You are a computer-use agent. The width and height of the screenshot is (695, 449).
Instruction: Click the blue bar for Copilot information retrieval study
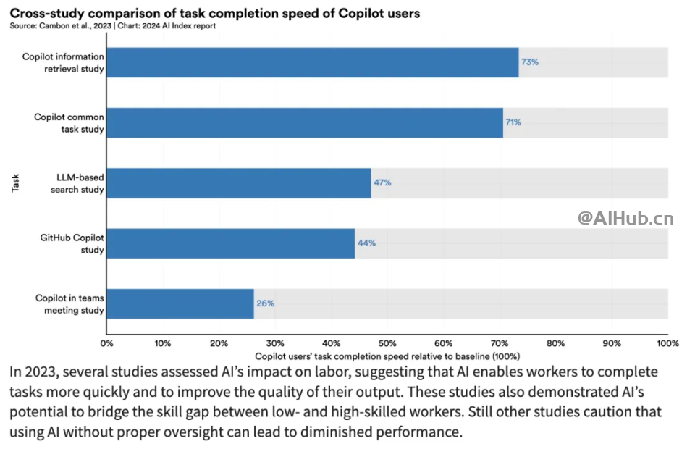coord(313,62)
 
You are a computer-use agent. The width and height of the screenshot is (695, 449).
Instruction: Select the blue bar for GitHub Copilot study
coord(231,243)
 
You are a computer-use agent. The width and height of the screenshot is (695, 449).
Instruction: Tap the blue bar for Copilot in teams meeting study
coord(180,303)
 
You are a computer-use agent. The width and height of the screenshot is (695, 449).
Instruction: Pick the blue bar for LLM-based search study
coord(239,182)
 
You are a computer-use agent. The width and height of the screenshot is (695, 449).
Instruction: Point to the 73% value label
coord(530,62)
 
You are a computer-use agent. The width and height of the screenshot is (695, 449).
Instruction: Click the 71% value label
coord(513,122)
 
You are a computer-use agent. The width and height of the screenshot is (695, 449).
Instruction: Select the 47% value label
coord(382,182)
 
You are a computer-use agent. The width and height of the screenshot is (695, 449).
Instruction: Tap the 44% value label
coord(366,243)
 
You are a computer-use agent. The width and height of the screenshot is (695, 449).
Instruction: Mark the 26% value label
coord(265,303)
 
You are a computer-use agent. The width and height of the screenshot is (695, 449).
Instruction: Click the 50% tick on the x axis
coord(387,343)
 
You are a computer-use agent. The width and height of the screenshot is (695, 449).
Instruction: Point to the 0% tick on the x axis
coord(107,343)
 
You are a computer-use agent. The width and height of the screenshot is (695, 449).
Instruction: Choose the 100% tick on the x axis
coord(667,343)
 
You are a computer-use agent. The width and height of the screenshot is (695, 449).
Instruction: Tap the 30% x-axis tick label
coord(275,343)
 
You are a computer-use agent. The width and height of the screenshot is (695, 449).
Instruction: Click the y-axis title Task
coord(15,182)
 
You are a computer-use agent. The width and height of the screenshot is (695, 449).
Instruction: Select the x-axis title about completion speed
coord(387,356)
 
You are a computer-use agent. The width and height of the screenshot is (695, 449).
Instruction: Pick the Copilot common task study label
coord(69,122)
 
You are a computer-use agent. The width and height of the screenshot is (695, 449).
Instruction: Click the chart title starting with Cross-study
coord(214,13)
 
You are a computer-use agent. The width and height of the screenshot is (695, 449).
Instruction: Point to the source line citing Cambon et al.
coord(111,26)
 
